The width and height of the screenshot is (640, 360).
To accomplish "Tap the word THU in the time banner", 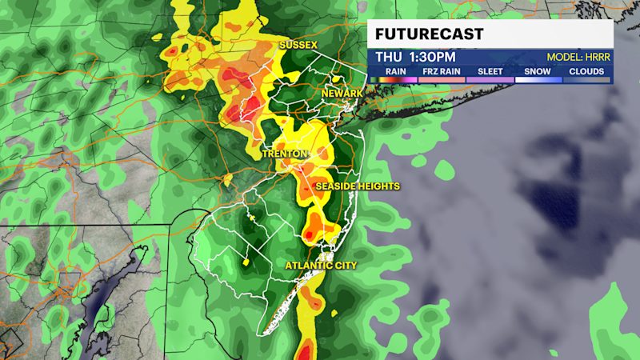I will [390, 58].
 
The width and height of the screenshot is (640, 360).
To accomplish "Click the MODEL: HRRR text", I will [578, 58].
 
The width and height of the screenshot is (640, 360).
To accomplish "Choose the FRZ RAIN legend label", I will [441, 70].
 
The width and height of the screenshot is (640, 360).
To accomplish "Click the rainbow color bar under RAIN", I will [395, 79].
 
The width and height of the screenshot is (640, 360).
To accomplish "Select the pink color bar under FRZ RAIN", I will [441, 79].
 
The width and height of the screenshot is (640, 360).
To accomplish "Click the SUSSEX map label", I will [298, 44].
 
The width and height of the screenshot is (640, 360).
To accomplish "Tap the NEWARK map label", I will [342, 94].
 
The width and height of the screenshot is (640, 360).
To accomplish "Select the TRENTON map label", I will [285, 153].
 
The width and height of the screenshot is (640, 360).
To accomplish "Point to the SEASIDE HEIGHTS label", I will [358, 186].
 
